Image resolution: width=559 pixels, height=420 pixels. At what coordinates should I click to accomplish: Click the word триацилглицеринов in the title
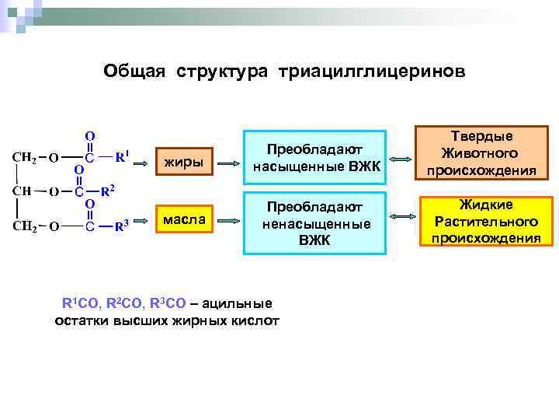pos(377,71)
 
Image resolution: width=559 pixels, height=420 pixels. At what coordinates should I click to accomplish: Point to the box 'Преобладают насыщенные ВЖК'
pos(314,158)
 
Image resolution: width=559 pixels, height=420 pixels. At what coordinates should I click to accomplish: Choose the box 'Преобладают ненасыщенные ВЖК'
pos(314,223)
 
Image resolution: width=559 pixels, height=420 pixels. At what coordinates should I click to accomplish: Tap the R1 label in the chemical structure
pos(123,158)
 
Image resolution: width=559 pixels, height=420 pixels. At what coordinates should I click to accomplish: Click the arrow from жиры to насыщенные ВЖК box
pos(229,163)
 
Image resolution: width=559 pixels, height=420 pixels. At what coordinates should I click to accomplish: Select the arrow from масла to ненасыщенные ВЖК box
pos(229,221)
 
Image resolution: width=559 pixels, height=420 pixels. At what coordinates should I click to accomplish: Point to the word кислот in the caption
pos(254,320)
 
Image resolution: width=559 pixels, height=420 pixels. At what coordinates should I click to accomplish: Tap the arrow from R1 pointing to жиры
pos(142,163)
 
